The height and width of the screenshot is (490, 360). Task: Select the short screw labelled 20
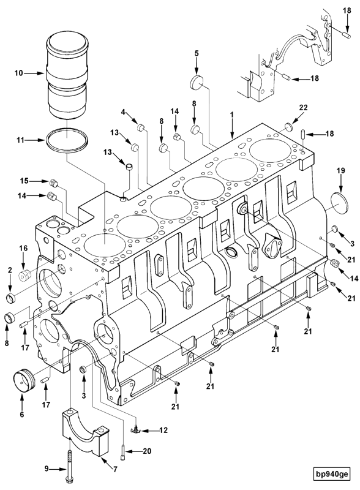(126, 451)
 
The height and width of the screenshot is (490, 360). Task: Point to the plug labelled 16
(26, 274)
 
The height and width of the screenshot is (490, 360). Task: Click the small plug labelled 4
(140, 128)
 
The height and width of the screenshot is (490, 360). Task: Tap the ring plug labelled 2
(11, 299)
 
